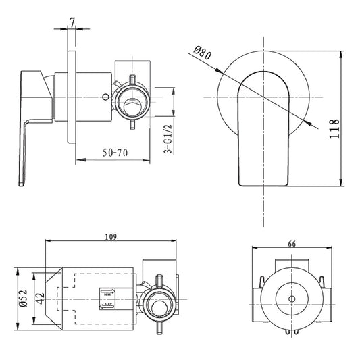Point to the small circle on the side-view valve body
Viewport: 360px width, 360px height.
pos(105,97)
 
